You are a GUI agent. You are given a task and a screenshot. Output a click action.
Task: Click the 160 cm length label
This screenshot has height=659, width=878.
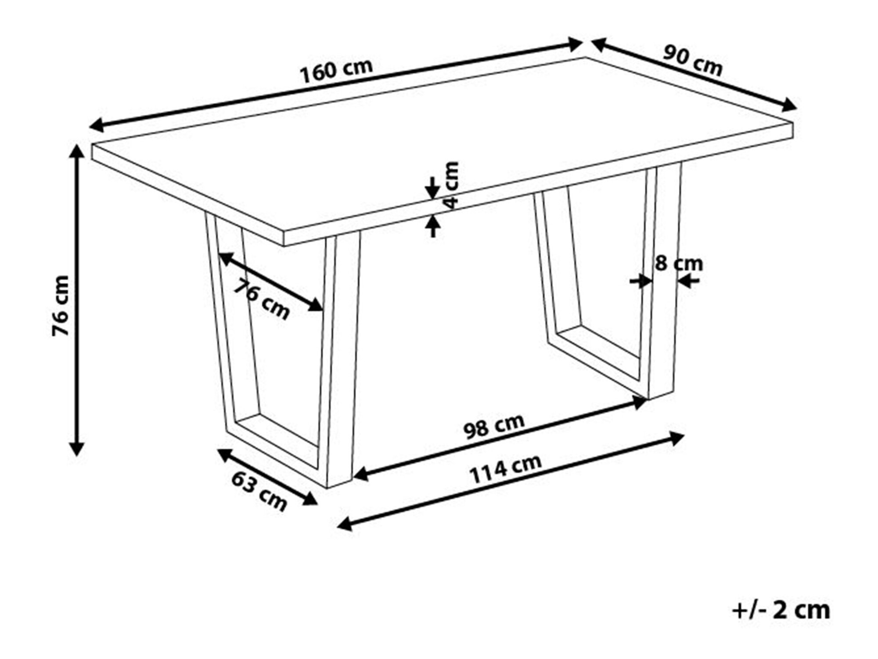pyautogui.click(x=336, y=71)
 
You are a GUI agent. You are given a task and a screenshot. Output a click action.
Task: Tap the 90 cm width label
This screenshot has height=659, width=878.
pyautogui.click(x=692, y=60)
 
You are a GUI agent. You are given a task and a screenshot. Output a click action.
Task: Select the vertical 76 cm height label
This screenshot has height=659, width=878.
pyautogui.click(x=61, y=306)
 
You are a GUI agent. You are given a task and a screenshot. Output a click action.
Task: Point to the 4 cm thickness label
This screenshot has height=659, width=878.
pyautogui.click(x=450, y=185)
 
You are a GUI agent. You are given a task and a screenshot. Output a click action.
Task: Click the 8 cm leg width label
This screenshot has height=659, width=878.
pyautogui.click(x=679, y=264)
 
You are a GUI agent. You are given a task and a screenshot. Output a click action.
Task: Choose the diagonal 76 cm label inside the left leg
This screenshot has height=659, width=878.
pyautogui.click(x=261, y=299)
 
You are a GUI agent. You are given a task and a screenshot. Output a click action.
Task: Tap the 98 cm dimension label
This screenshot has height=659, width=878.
pyautogui.click(x=494, y=426)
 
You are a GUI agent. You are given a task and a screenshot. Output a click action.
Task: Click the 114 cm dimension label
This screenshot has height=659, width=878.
pyautogui.click(x=506, y=469)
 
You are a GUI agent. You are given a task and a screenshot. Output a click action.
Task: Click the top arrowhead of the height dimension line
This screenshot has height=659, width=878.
pyautogui.click(x=77, y=151)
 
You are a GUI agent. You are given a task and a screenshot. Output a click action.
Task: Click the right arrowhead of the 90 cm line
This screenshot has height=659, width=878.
pyautogui.click(x=789, y=105)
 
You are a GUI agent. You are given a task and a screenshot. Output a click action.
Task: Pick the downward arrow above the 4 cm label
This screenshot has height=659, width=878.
pyautogui.click(x=432, y=188)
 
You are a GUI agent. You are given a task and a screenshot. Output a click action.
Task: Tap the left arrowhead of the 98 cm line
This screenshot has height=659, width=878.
pyautogui.click(x=361, y=474)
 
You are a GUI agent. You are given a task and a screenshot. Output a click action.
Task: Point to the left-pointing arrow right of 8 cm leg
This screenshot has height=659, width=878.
pyautogui.click(x=688, y=281)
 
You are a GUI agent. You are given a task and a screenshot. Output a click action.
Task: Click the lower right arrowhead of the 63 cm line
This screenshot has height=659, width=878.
pyautogui.click(x=309, y=500)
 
